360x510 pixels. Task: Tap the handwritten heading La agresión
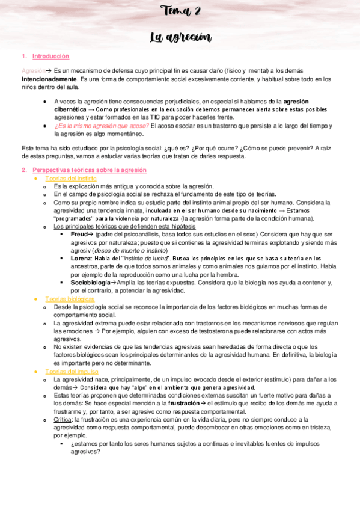pyautogui.click(x=180, y=37)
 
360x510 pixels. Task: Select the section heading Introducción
pyautogui.click(x=51, y=56)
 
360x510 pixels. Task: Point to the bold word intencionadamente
pyautogui.click(x=49, y=79)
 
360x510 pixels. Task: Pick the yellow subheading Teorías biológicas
pyautogui.click(x=70, y=299)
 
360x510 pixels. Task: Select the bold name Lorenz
pyautogui.click(x=81, y=257)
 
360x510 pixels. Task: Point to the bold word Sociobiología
pyautogui.click(x=91, y=282)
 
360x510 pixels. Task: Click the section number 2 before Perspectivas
pyautogui.click(x=23, y=170)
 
